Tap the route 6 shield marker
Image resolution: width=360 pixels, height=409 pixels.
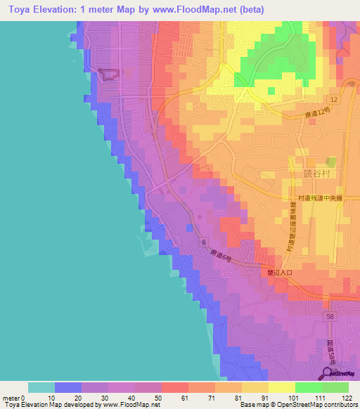[203, 242]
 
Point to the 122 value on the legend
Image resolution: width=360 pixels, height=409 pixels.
[347, 397]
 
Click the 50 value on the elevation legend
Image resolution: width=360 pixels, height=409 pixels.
[146, 397]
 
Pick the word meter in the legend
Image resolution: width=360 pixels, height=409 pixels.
[11, 397]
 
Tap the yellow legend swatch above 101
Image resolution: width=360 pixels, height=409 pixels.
[282, 387]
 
